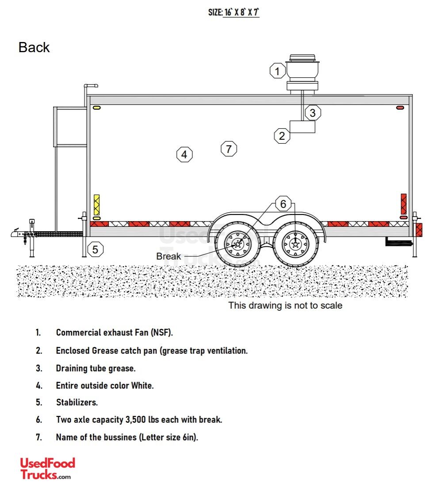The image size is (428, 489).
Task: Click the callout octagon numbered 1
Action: click(x=278, y=71)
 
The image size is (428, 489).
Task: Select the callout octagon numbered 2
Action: click(x=282, y=136)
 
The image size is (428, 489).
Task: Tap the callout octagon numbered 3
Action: click(x=313, y=113)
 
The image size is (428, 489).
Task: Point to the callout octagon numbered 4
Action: click(x=184, y=155)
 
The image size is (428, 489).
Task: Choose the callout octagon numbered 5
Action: click(x=96, y=249)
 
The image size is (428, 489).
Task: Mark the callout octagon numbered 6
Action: click(x=283, y=204)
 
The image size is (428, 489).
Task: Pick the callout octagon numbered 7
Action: click(x=229, y=149)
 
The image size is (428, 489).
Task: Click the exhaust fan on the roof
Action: click(x=302, y=73)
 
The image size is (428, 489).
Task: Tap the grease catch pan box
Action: click(x=302, y=127)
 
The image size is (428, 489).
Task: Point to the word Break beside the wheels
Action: click(x=168, y=256)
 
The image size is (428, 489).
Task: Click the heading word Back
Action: click(x=34, y=47)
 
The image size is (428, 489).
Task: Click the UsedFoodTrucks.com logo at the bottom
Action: click(x=47, y=468)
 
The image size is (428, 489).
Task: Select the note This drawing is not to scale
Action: click(x=285, y=305)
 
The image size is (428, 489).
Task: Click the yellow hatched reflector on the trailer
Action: click(x=96, y=205)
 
